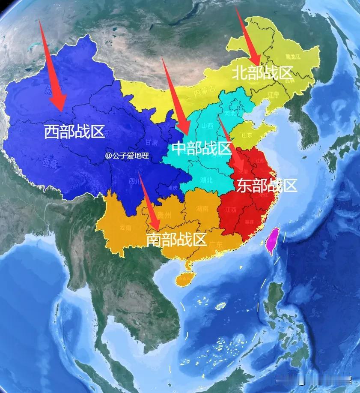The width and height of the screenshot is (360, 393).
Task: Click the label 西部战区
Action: point(74,132)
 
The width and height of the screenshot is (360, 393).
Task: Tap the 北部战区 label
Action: point(262,73)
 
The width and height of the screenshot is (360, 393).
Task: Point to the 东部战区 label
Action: point(266,185)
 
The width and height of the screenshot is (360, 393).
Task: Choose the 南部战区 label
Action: point(176,239)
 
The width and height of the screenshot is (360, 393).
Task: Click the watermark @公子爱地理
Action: point(127,156)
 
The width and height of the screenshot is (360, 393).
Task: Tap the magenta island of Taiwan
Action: point(273,240)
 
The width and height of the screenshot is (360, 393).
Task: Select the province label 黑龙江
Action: point(293,57)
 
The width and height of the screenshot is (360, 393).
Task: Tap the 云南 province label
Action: point(126,227)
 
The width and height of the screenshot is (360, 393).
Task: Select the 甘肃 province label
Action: point(151,142)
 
